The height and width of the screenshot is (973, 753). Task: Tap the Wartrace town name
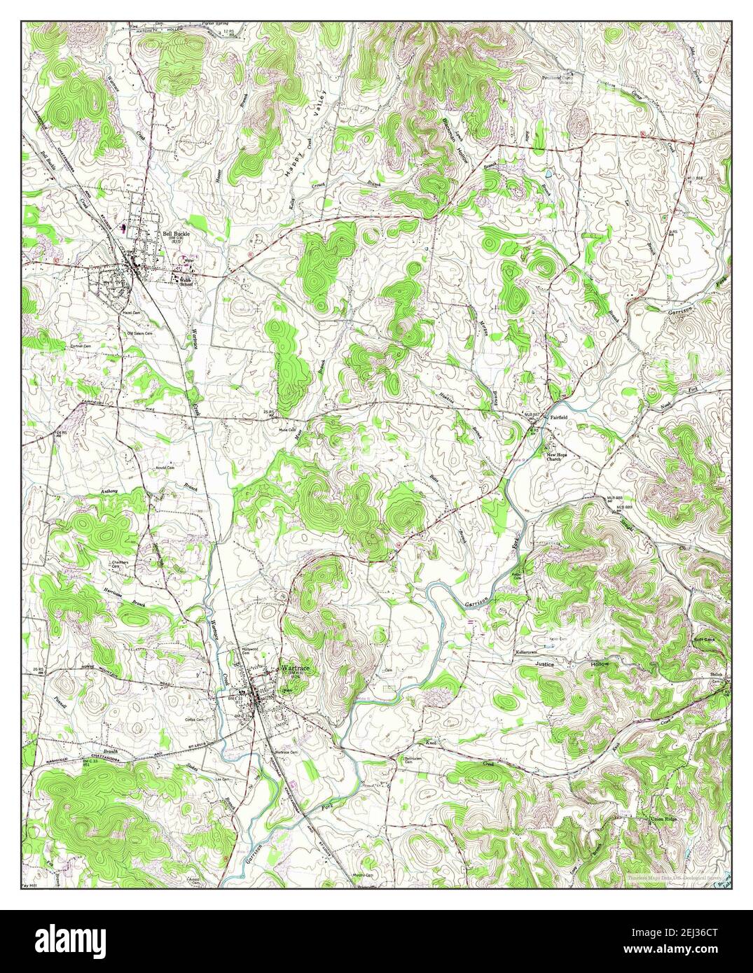point(296,668)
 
